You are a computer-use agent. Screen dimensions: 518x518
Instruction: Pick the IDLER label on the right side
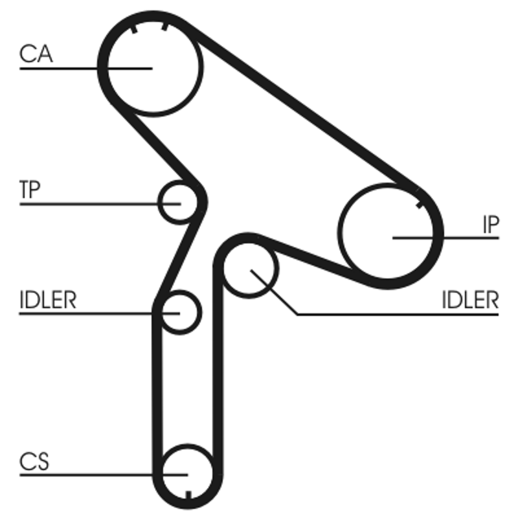[470, 300]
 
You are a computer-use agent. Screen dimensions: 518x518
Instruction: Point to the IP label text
[490, 225]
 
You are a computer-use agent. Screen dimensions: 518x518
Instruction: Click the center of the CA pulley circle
[152, 67]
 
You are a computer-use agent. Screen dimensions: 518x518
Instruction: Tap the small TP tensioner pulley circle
[179, 203]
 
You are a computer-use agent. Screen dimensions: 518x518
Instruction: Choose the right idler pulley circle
[251, 271]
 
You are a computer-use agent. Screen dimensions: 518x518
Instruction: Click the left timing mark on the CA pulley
[133, 28]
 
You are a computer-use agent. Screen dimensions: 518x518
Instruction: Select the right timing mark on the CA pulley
[166, 27]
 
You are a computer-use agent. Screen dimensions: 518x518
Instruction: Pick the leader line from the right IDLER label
[388, 315]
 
